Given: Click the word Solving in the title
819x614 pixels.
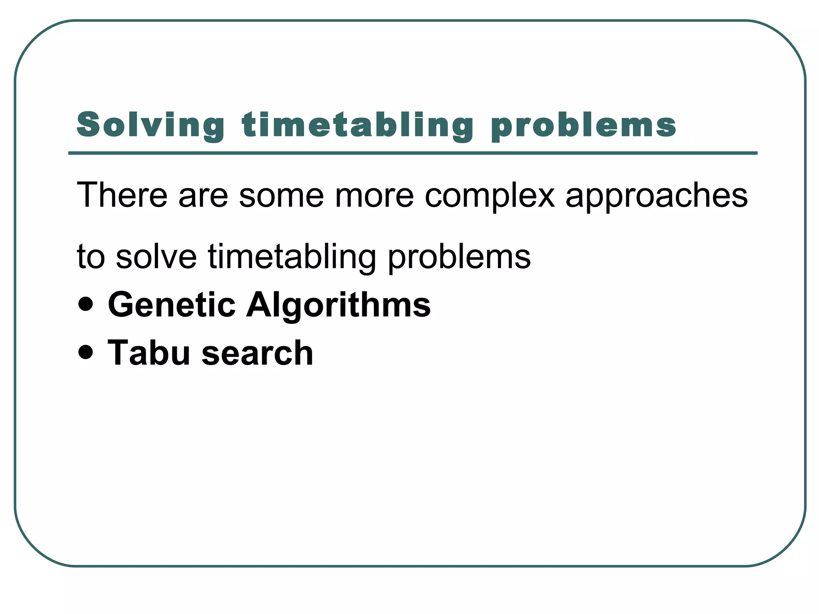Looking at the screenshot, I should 150,125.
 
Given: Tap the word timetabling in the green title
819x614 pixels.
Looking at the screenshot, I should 358,125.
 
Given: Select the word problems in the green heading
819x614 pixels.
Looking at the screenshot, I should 583,125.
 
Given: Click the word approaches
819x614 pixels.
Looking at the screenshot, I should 656,197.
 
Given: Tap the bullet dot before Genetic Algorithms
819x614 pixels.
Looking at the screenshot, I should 86,304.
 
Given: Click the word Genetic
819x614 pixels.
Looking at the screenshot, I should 172,305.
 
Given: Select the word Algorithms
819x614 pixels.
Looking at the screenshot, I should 338,306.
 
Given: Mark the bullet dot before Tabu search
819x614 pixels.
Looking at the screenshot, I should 86,352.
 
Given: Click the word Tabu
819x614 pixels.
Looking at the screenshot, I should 148,353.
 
